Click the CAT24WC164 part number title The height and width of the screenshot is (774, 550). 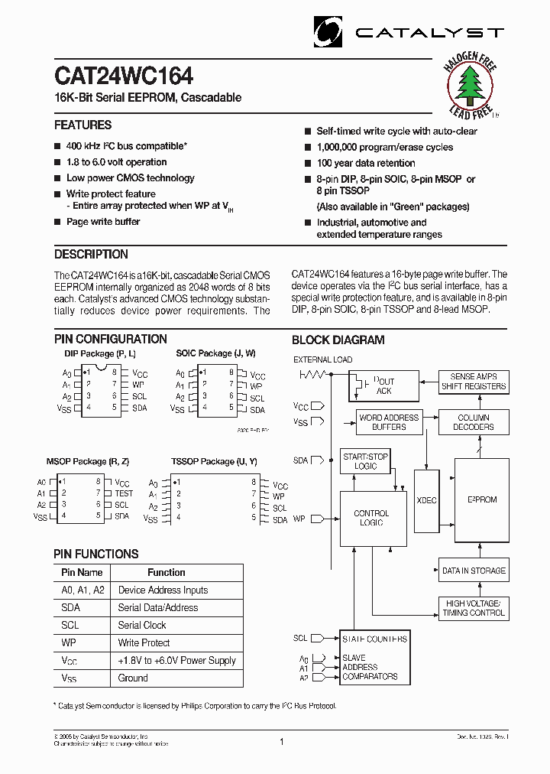(123, 76)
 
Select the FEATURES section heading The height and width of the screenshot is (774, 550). (82, 125)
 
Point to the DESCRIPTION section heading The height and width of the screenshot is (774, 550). (91, 255)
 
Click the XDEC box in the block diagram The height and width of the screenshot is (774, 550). (427, 500)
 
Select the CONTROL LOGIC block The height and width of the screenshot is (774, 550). (372, 518)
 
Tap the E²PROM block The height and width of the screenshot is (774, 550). (482, 499)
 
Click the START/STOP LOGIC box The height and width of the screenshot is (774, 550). (365, 461)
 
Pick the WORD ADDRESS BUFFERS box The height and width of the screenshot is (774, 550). (389, 422)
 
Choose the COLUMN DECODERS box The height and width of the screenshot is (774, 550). (474, 422)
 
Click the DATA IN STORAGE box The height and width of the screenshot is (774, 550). (474, 571)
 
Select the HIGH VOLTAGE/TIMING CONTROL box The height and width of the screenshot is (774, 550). (474, 608)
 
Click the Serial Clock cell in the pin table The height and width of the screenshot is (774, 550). (142, 626)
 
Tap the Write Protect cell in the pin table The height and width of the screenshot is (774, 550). (144, 643)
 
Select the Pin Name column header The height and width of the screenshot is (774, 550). (82, 572)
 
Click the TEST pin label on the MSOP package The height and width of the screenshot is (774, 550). (124, 494)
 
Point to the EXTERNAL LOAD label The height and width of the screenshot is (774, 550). (323, 359)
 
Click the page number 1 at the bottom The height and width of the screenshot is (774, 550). (281, 741)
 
